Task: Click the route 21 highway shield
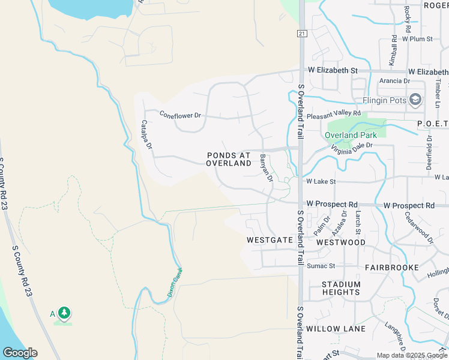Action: click(x=301, y=34)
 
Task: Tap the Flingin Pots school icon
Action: click(x=415, y=100)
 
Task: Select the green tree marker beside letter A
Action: click(x=64, y=313)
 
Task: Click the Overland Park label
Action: click(x=351, y=135)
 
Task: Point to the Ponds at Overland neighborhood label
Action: click(x=229, y=159)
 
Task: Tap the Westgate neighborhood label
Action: click(x=270, y=240)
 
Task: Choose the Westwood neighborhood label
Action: click(x=341, y=242)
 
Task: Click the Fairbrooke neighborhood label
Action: click(x=391, y=268)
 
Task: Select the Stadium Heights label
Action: click(x=341, y=289)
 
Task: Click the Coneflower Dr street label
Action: click(x=179, y=115)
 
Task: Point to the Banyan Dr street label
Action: click(x=267, y=168)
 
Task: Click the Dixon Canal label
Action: click(x=174, y=282)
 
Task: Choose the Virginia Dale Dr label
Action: click(x=349, y=148)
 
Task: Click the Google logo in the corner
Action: click(x=20, y=353)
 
